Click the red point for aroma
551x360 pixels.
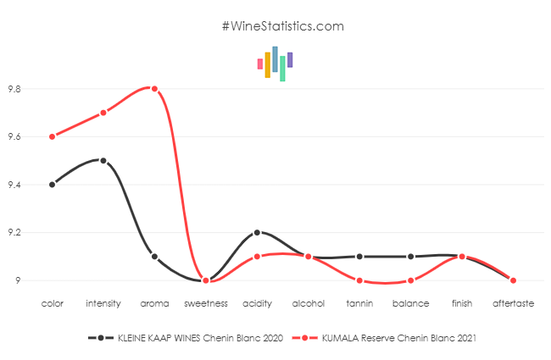[154, 88]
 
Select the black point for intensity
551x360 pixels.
[103, 160]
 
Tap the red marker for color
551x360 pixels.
[53, 136]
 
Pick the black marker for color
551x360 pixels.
[53, 184]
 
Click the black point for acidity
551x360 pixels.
[257, 232]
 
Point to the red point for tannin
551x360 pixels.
[359, 280]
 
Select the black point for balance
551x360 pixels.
[410, 256]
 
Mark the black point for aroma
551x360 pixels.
[154, 256]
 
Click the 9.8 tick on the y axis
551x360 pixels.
[14, 89]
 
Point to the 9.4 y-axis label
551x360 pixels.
[14, 185]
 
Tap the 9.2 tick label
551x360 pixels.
[14, 233]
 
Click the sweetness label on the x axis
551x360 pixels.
[206, 302]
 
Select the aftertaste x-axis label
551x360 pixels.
[513, 302]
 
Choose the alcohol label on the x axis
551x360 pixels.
[308, 302]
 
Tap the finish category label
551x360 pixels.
[462, 302]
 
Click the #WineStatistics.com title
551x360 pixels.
[283, 26]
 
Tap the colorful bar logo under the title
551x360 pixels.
[275, 64]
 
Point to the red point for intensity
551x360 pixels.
[103, 113]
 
